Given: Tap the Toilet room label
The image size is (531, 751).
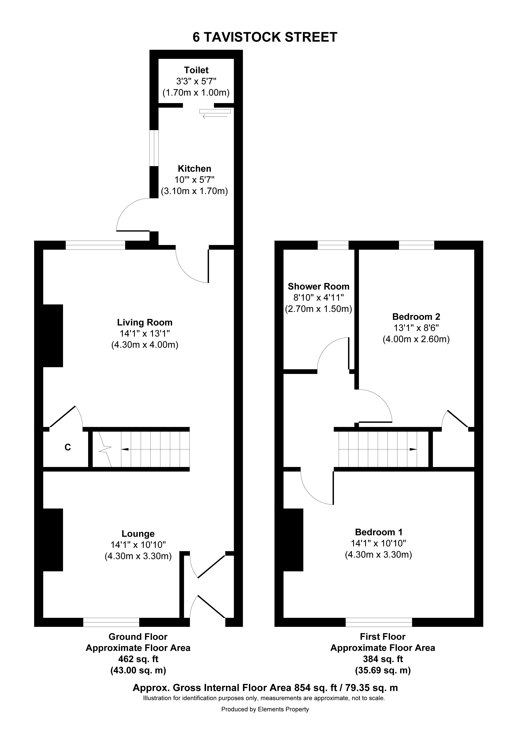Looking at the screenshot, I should coord(196,70).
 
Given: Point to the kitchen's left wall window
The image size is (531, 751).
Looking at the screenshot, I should coord(154,148).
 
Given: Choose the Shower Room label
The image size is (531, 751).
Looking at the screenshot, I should coord(318,287).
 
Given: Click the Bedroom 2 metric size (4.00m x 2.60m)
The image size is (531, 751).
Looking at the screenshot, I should coord(416,339).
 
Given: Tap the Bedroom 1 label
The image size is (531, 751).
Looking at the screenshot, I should coord(379,532).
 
